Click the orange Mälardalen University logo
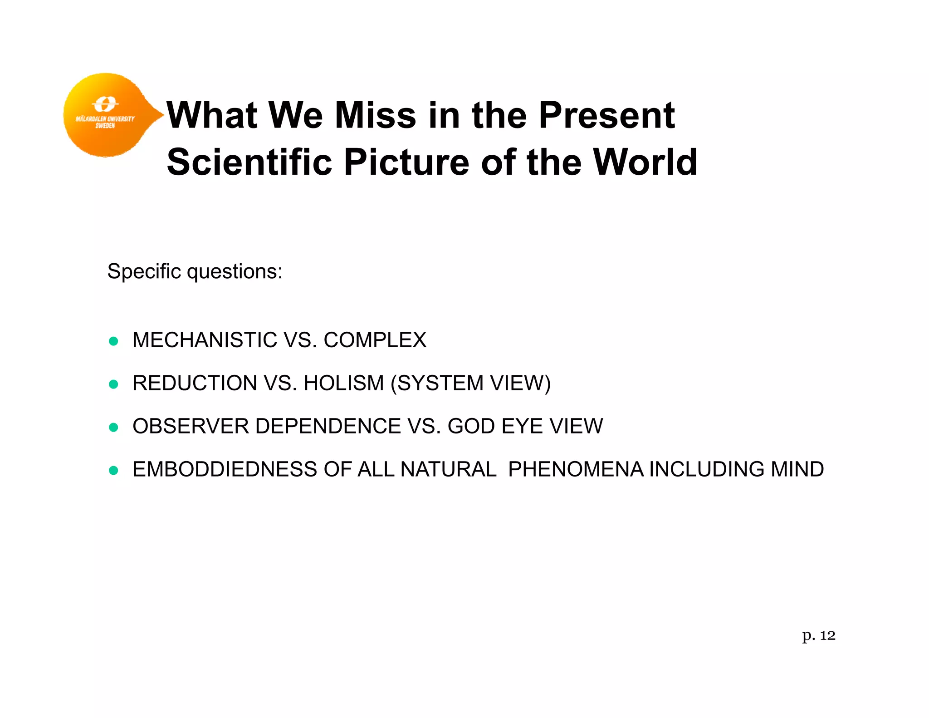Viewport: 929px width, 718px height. [x=107, y=115]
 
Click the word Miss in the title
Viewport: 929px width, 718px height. [x=375, y=115]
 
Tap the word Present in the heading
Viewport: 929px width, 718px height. [x=606, y=115]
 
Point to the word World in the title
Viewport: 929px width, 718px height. [x=645, y=162]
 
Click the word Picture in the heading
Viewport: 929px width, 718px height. [x=406, y=162]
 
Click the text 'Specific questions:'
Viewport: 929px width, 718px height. [x=195, y=271]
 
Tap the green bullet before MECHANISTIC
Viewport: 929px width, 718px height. [x=113, y=341]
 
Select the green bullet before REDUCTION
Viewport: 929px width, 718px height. [x=113, y=384]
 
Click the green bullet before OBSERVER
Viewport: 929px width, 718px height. [x=113, y=427]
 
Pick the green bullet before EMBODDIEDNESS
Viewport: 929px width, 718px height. [x=113, y=470]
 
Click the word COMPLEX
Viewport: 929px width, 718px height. [x=375, y=340]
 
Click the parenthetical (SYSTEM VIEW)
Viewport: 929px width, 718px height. [x=470, y=383]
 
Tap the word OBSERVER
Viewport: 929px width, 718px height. [x=191, y=426]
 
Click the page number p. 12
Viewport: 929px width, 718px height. [x=818, y=635]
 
